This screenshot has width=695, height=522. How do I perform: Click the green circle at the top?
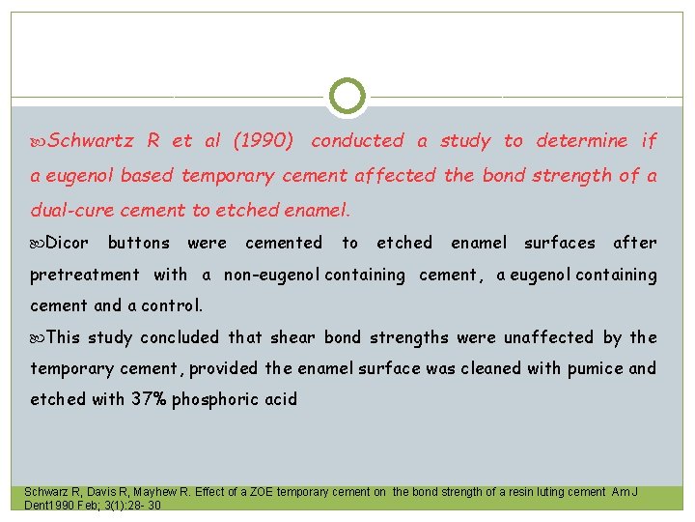(347, 97)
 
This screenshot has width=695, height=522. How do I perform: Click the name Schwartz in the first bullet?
(91, 141)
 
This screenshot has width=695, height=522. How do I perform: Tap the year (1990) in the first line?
(264, 141)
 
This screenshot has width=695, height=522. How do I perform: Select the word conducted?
(357, 141)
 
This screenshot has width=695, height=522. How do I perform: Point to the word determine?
(581, 141)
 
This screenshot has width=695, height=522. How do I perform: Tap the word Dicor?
(68, 243)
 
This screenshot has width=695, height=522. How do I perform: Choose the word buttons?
(139, 243)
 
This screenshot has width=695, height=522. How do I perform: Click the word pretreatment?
(85, 275)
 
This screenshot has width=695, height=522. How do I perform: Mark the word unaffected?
(547, 337)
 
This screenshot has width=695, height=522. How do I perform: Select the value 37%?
(150, 399)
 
